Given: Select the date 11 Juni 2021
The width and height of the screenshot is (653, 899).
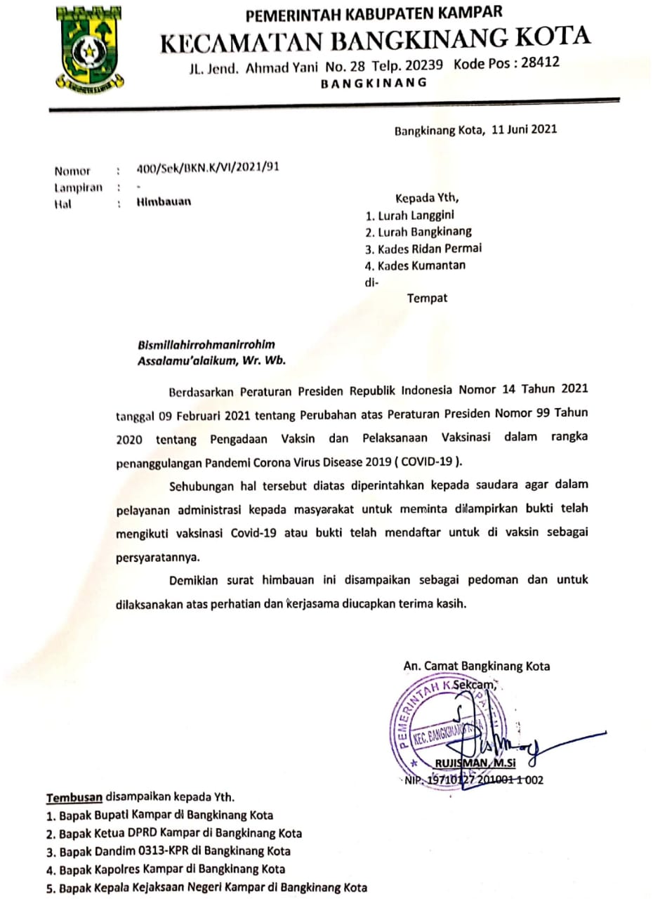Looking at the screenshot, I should pos(524,130).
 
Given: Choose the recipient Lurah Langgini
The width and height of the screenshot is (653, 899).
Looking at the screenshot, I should pos(414,215).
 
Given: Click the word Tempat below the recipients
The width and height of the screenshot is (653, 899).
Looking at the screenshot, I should pos(427,298).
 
